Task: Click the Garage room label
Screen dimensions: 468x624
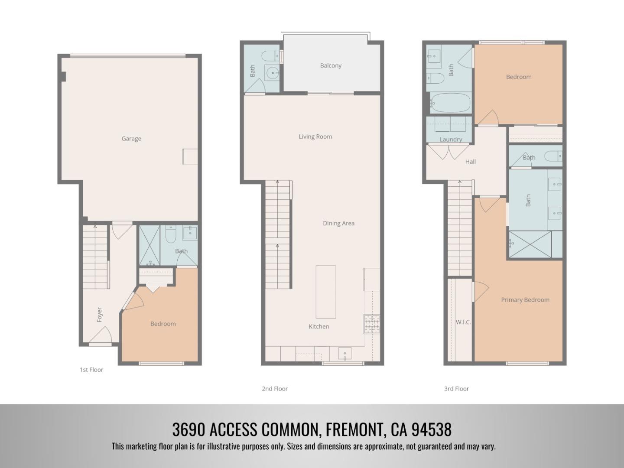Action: [x=131, y=139]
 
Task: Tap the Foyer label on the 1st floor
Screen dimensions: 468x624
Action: [x=99, y=315]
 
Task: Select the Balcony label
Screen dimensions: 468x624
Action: [x=331, y=65]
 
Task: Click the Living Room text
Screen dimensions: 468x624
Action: [x=315, y=136]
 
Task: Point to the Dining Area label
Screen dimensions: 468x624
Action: [x=338, y=223]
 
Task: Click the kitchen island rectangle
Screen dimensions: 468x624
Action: [x=325, y=292]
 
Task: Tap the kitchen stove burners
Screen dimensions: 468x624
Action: [x=371, y=324]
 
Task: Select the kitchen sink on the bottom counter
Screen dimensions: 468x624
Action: [x=344, y=354]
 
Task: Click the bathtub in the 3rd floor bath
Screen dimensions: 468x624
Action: [x=449, y=103]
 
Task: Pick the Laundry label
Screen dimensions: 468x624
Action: [x=451, y=139]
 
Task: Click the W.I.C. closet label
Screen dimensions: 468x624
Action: [x=463, y=322]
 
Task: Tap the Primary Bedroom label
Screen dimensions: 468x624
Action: [x=525, y=299]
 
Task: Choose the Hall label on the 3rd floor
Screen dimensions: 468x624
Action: [x=470, y=162]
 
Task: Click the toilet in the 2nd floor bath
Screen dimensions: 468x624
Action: [x=270, y=55]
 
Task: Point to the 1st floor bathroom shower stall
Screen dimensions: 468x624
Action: [x=149, y=245]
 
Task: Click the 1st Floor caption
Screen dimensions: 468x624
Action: [x=91, y=370]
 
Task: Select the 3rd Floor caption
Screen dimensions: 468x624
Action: [x=456, y=389]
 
